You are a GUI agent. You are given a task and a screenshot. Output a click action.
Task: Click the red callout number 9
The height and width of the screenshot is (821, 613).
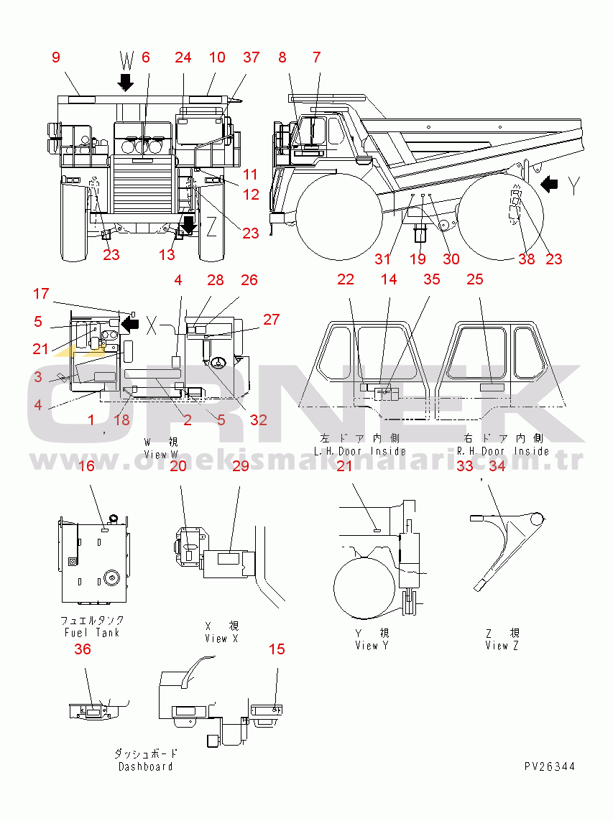tap(56, 58)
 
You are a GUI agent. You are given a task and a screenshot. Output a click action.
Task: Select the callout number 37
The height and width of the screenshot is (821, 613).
tap(251, 58)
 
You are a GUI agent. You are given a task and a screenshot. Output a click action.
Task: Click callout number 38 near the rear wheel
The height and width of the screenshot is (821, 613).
tap(527, 259)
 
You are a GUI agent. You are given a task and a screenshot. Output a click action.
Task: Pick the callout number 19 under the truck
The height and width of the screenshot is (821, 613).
tap(418, 259)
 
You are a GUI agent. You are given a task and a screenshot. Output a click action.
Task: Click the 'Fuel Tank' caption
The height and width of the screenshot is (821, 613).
tap(92, 633)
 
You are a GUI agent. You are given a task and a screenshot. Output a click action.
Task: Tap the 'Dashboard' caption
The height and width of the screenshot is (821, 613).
tap(146, 766)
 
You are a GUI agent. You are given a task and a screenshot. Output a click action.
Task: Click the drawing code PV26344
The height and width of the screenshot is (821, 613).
tap(549, 767)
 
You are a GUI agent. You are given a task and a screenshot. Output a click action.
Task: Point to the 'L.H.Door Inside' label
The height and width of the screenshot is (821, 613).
tap(360, 451)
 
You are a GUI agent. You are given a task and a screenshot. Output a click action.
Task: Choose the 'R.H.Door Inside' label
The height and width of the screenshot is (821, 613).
tap(503, 451)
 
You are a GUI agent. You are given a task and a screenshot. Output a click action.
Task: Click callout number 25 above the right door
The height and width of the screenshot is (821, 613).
tap(475, 279)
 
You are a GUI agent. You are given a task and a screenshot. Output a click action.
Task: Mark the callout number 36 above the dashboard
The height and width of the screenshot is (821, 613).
tap(83, 649)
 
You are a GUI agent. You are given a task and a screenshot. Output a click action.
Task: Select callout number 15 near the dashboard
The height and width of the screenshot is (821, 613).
tap(277, 649)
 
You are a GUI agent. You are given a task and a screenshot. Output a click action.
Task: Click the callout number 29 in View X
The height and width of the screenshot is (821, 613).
tap(240, 466)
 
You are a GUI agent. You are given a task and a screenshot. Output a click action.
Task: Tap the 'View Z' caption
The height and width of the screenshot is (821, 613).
tap(502, 645)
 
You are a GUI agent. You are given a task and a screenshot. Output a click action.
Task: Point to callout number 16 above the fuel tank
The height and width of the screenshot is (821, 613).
tap(86, 466)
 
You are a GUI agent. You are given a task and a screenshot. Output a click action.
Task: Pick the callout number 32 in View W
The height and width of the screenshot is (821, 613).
tap(259, 419)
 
